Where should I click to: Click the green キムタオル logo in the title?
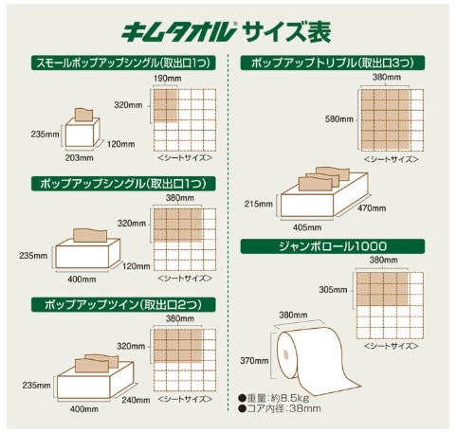178,31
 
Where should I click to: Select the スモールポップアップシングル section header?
123,63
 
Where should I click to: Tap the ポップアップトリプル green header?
333,63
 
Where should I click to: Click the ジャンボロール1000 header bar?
333,246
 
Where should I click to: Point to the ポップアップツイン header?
123,305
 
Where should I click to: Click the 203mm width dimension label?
80,157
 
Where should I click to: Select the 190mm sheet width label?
168,79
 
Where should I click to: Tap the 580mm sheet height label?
339,119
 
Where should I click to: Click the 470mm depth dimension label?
372,208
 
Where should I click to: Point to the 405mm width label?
307,227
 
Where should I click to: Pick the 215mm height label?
258,204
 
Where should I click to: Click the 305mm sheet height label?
333,290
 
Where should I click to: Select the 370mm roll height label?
254,360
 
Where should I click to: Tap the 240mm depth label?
136,400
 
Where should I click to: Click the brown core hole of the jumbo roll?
285,354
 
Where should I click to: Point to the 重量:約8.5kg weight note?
275,397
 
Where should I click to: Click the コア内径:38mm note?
280,408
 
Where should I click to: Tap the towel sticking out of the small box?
83,114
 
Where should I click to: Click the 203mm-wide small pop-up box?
82,132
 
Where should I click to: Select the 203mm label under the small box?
80,157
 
